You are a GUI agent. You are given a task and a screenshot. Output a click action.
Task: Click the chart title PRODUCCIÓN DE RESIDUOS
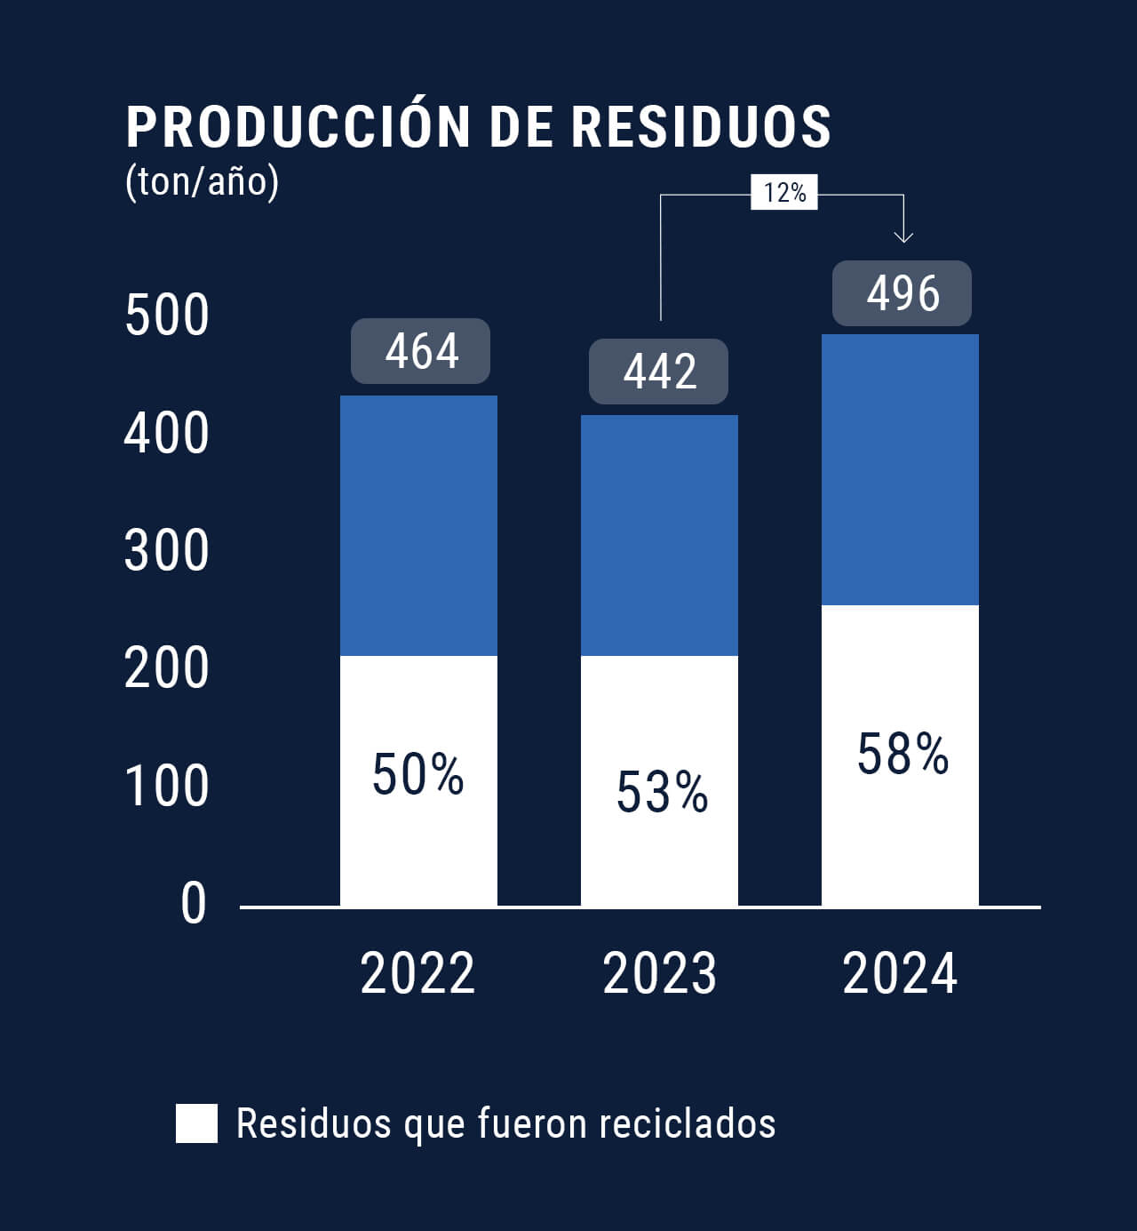click(x=478, y=126)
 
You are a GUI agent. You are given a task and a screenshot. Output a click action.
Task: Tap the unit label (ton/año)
click(x=203, y=181)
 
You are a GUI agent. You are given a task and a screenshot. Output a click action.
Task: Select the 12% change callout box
click(x=784, y=192)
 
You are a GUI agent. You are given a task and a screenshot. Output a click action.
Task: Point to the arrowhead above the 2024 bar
click(x=903, y=236)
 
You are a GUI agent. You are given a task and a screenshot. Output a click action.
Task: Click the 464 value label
click(x=421, y=351)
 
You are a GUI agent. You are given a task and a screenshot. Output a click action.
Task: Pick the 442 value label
click(x=659, y=372)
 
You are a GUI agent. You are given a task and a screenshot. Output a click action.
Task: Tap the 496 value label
click(x=902, y=293)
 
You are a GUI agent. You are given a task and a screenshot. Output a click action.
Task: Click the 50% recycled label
click(x=417, y=774)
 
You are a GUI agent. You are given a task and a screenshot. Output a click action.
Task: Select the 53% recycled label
click(x=662, y=792)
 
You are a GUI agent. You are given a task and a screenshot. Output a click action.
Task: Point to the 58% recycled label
click(x=902, y=754)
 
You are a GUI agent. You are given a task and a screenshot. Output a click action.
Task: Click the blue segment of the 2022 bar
click(x=418, y=525)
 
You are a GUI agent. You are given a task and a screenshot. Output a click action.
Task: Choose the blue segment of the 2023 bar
click(x=659, y=535)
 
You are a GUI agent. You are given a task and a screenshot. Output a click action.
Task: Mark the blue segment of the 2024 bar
click(x=900, y=469)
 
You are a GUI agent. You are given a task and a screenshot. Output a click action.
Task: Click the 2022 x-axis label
click(x=417, y=973)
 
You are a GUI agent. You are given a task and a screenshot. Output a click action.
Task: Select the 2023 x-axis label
click(x=659, y=973)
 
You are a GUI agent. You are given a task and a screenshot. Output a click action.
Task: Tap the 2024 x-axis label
click(x=900, y=973)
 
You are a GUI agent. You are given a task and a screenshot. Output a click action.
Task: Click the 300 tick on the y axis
click(x=167, y=551)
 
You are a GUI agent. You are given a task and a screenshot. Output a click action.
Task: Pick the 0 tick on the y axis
click(x=193, y=904)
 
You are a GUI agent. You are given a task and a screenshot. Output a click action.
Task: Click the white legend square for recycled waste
click(x=196, y=1123)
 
